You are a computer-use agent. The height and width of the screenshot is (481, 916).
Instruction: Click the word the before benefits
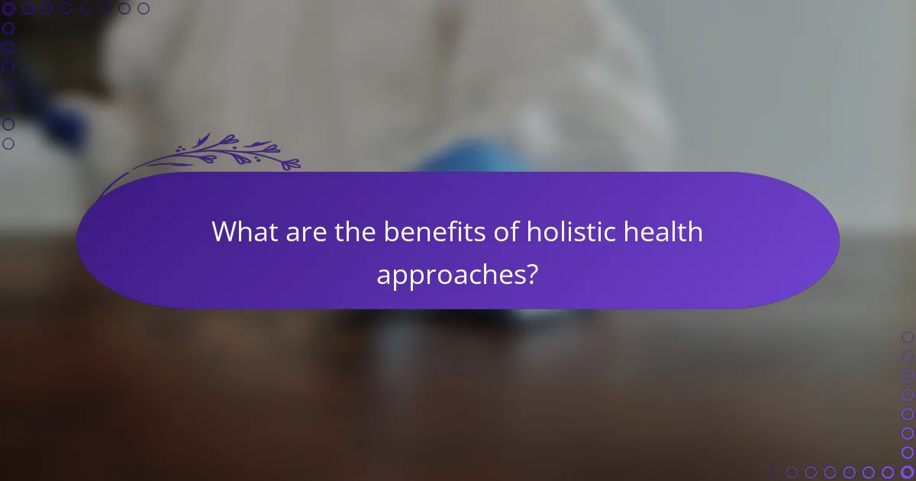click(x=357, y=231)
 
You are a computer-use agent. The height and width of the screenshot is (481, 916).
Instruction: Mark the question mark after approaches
click(x=531, y=274)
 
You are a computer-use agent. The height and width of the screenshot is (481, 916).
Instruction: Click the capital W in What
click(x=227, y=231)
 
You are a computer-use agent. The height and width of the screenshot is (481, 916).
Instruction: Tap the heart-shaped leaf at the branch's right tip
click(x=292, y=163)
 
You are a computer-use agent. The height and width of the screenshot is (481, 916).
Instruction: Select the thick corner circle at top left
click(x=8, y=8)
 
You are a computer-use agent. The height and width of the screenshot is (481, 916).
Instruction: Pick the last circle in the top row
click(x=144, y=8)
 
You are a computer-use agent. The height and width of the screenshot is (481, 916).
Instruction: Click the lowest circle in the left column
click(x=8, y=144)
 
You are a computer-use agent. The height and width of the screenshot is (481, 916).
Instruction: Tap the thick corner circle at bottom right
click(x=907, y=472)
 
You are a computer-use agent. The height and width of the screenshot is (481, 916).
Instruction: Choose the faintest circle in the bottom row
click(x=772, y=472)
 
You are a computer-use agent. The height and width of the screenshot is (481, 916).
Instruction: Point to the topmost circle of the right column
click(x=907, y=337)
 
